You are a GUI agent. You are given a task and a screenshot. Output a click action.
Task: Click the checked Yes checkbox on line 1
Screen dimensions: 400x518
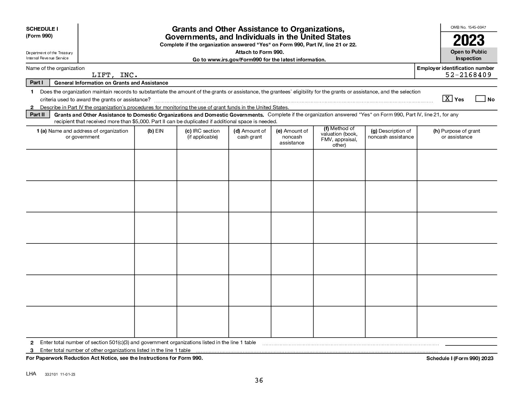447,98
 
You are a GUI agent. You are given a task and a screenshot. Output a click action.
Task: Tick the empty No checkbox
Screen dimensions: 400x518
480,98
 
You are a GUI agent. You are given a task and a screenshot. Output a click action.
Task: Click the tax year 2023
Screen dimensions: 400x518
469,40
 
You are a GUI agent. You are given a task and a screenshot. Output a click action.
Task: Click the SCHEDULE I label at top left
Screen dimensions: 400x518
42,29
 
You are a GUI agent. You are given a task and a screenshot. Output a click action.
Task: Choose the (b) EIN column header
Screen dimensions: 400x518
155,131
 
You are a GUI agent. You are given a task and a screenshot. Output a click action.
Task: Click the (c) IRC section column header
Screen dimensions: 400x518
202,134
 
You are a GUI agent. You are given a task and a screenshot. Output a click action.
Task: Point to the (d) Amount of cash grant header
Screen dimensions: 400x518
250,134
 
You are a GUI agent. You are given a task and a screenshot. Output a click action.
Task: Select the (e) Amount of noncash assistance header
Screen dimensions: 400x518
292,137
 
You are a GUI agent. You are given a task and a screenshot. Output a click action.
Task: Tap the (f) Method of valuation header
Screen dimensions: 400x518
339,137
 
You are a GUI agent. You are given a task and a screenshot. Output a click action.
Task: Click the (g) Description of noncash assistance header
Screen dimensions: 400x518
391,134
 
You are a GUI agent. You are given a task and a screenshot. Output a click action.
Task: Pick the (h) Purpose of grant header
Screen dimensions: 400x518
457,134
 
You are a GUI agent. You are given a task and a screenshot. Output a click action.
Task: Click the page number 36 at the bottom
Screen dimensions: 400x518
259,380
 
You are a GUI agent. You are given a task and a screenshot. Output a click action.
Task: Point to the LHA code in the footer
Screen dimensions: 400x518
31,374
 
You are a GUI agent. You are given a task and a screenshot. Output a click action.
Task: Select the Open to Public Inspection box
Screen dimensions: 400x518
469,55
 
